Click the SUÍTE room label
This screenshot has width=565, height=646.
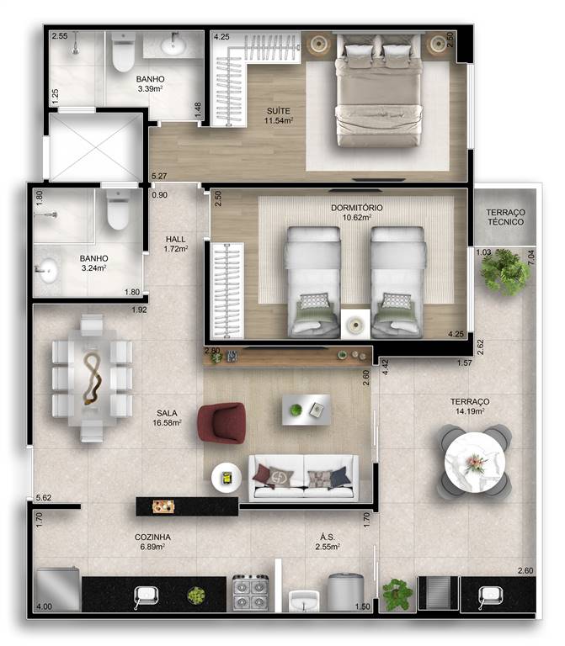[279, 111]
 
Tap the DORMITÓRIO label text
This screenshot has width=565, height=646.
[357, 208]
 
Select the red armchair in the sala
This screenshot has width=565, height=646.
[222, 423]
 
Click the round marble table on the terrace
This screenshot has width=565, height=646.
[475, 463]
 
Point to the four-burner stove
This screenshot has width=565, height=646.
[251, 593]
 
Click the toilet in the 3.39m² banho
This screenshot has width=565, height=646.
[123, 53]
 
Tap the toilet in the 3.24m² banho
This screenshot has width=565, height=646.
[119, 210]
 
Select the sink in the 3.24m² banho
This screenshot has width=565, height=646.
[46, 270]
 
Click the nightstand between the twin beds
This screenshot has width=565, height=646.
[355, 324]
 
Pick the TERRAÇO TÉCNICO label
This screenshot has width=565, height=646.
[505, 217]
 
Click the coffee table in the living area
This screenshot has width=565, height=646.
[306, 410]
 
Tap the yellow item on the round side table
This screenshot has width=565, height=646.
[227, 478]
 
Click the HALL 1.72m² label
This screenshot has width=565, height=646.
[176, 244]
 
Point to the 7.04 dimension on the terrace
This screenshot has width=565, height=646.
[531, 257]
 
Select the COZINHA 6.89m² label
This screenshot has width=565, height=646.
[152, 542]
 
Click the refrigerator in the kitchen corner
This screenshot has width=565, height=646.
[58, 589]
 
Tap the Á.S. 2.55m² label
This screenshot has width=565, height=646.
[328, 542]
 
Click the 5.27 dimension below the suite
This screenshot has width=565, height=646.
[159, 176]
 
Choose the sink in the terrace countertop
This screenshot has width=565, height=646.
[490, 596]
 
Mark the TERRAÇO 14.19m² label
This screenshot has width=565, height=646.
[470, 406]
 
